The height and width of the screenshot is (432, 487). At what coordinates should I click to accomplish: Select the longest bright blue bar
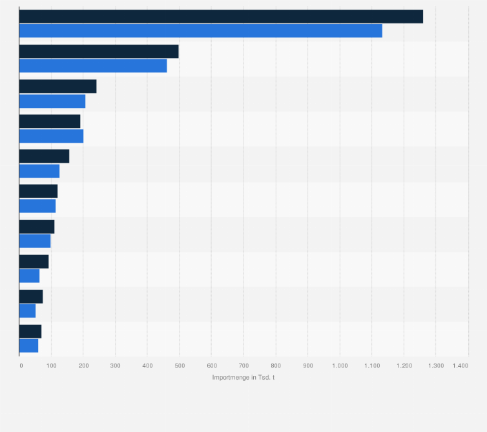point(200,31)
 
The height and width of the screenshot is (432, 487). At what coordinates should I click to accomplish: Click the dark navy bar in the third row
point(57,87)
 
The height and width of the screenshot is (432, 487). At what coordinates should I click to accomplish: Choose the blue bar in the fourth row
point(51,136)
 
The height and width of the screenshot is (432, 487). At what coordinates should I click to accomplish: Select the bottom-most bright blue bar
point(28,345)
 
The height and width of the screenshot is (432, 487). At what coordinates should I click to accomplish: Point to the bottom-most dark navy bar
point(30,331)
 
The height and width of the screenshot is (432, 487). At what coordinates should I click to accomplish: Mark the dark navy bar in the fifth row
point(44,156)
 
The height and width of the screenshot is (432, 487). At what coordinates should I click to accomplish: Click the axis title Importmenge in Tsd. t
point(243,377)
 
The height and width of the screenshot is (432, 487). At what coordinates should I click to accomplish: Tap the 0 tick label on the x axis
point(21,365)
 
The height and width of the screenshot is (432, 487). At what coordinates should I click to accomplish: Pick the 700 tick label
point(243,365)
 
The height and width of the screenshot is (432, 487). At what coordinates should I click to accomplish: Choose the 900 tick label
point(307,365)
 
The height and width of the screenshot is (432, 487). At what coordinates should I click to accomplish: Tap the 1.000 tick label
point(339,365)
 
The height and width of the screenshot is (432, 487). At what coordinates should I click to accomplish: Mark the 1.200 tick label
point(403,365)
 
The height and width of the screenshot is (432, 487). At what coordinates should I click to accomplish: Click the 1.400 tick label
point(460,365)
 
